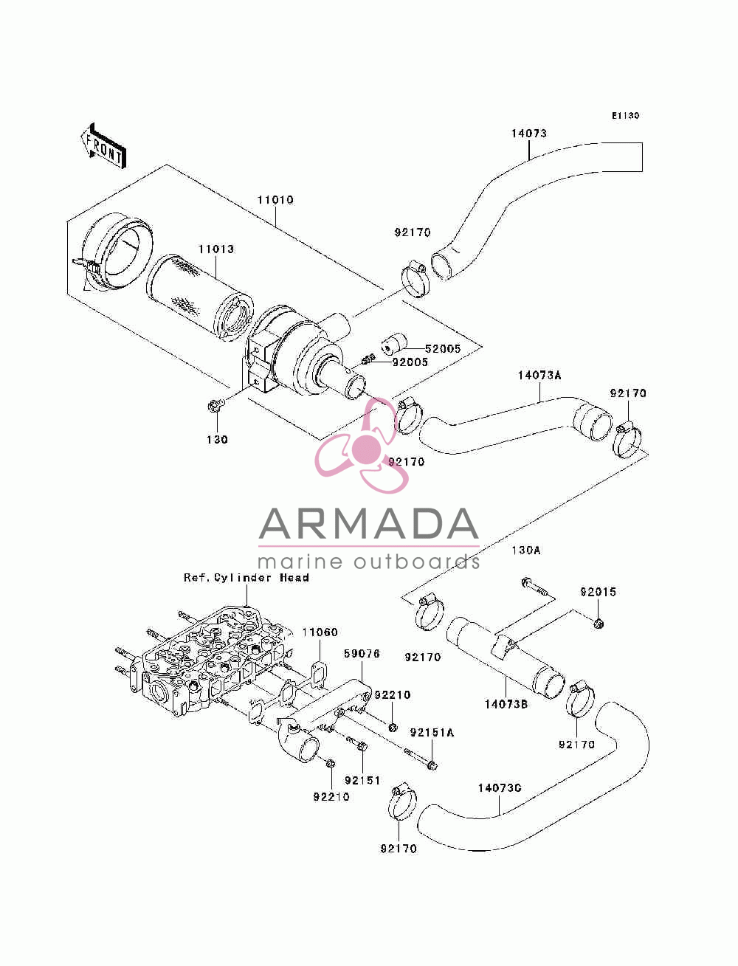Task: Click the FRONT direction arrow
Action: click(x=104, y=145)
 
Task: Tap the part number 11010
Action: click(x=275, y=200)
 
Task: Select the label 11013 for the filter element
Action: click(x=215, y=249)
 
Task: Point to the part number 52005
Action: click(x=442, y=348)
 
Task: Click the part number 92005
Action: click(x=410, y=362)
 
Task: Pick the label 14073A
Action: click(x=539, y=376)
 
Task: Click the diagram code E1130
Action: click(x=625, y=115)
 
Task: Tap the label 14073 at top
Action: click(x=528, y=133)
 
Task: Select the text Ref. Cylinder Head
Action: click(x=246, y=577)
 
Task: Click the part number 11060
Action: click(x=320, y=632)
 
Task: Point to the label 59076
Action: click(x=362, y=654)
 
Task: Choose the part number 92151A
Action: click(x=432, y=732)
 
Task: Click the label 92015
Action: click(x=598, y=592)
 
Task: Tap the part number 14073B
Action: click(x=506, y=704)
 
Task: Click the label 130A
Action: click(x=526, y=550)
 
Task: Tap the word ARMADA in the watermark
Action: click(x=368, y=524)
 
